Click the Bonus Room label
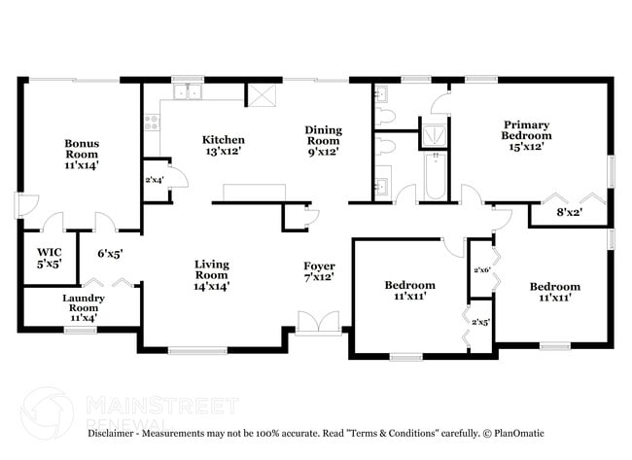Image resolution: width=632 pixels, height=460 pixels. pos(82,155)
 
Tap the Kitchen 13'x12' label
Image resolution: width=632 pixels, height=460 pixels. pos(223,145)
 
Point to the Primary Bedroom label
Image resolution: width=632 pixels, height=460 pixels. pos(526,135)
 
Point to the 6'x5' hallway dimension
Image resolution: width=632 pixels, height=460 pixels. pos(109,255)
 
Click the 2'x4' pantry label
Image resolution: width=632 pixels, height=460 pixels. pos(154,180)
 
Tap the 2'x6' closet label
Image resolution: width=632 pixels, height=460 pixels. pos(479,269)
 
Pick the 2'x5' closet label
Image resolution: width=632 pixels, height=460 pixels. pos(479,322)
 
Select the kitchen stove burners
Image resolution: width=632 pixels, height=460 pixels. pos(151,122)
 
